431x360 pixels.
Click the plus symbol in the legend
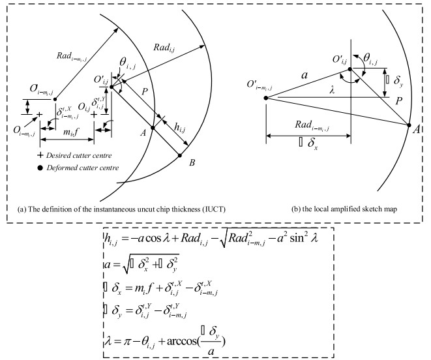40,157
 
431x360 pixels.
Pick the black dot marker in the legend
40,168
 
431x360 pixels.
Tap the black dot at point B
180,155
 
